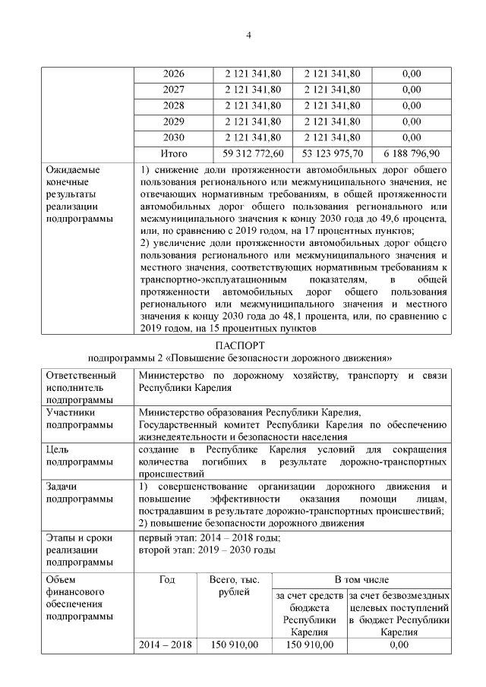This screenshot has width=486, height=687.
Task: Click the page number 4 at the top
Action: (248, 36)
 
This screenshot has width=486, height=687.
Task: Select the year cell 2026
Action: (174, 74)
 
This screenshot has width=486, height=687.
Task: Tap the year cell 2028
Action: (174, 106)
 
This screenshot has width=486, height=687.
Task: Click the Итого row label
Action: (174, 153)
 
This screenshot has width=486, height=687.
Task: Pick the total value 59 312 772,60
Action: (253, 153)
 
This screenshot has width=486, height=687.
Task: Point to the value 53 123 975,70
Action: (333, 153)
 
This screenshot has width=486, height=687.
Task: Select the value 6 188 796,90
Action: (412, 153)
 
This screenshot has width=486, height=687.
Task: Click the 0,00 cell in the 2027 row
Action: (412, 90)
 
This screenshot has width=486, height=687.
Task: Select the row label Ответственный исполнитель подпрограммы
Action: (81, 387)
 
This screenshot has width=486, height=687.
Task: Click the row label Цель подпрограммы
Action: (74, 455)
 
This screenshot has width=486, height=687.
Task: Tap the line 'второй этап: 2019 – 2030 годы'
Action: (207, 550)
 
